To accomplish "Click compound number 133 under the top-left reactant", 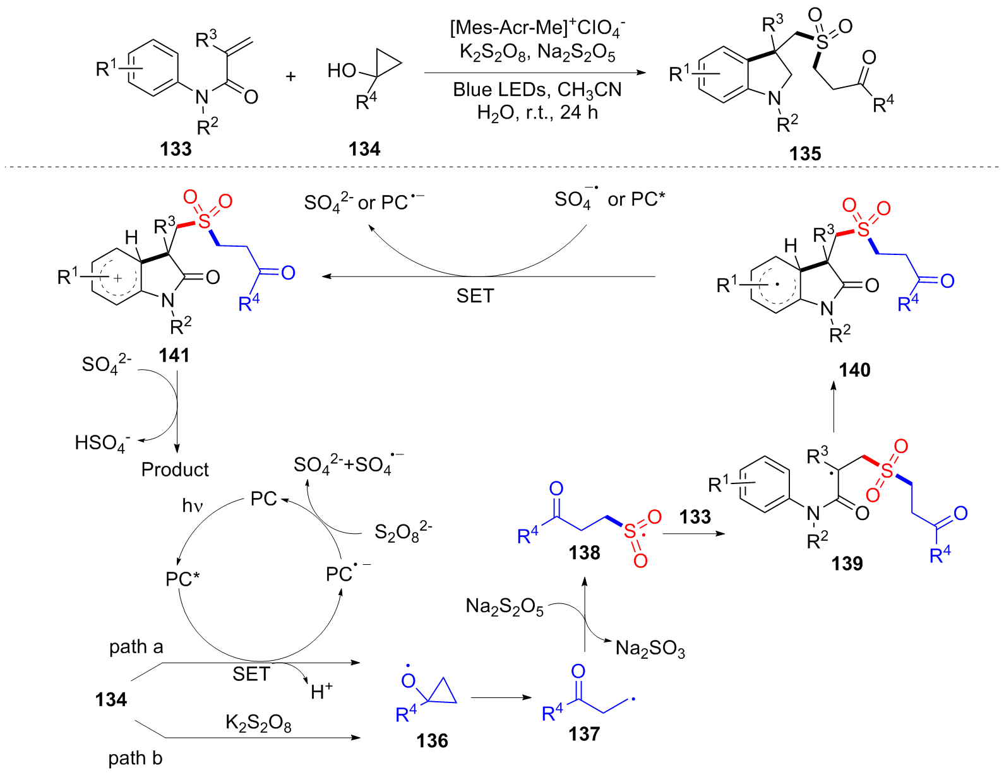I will point(176,149).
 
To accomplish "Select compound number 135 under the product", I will point(804,153).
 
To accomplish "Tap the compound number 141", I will point(174,355).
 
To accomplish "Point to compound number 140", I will point(854,370).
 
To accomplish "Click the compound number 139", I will point(847,563).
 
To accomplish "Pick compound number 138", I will point(584,553).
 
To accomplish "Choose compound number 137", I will point(583,733).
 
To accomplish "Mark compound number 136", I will point(432,740).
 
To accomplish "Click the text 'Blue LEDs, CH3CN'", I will point(537,90).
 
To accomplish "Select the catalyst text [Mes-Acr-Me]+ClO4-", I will point(537,28).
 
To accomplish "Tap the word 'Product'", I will point(175,470).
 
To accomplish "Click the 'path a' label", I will point(136,647).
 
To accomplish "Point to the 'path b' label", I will point(135,758).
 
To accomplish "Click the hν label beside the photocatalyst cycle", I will point(192,506).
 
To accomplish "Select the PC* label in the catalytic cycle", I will point(182,579).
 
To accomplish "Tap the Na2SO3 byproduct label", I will point(650,649).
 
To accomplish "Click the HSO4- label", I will point(102,443).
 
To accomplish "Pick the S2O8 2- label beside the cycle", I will point(403,533).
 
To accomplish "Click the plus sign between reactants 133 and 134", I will point(290,76).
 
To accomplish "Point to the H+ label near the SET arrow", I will point(321,691).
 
